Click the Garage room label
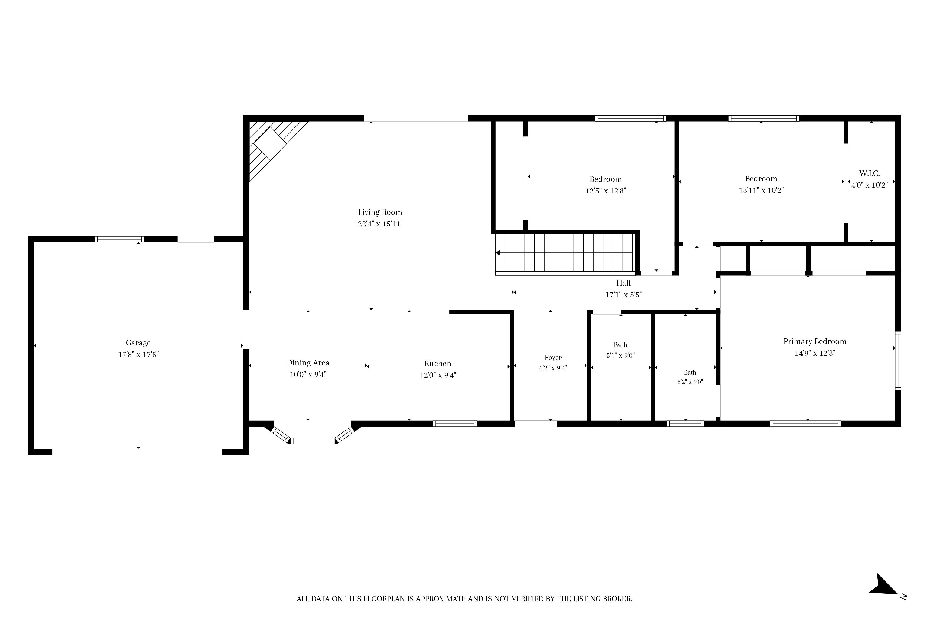138,343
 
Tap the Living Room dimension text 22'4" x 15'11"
380,224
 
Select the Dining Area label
308,363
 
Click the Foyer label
553,358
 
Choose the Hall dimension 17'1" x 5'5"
624,295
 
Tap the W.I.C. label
869,174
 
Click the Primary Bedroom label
815,342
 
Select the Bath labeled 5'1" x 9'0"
621,345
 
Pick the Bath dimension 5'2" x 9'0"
690,382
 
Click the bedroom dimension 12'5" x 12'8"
606,191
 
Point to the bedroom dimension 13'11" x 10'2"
761,190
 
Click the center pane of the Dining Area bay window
312,441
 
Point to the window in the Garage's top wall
119,239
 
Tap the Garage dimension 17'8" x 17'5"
138,355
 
